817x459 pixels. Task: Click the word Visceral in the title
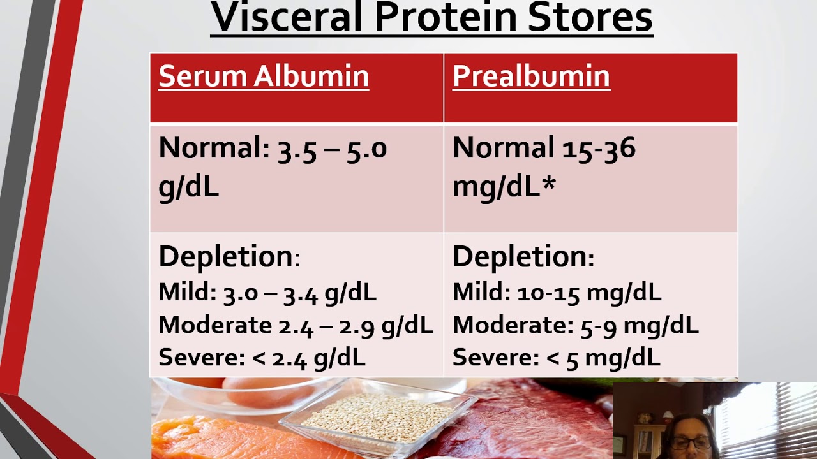pos(286,17)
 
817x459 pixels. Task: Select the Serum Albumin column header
pos(264,76)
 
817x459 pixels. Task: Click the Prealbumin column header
pos(532,76)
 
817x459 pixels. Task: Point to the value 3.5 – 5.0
pos(333,149)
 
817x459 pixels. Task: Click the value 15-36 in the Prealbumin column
pos(599,148)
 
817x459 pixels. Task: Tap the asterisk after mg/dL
pos(548,182)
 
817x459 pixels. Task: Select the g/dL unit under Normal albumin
pos(188,187)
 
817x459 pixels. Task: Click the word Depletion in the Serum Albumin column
pos(226,257)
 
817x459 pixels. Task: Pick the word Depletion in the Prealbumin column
pos(520,257)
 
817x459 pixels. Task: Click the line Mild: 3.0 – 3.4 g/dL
pos(267,293)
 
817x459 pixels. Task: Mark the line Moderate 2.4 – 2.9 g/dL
pos(296,325)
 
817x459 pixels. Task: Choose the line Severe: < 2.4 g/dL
pos(262,358)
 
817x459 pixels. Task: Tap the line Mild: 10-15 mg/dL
pos(557,293)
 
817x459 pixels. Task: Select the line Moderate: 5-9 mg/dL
pos(576,325)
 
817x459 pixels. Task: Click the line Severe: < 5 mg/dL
pos(557,358)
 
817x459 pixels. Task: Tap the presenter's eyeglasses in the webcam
pos(691,443)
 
